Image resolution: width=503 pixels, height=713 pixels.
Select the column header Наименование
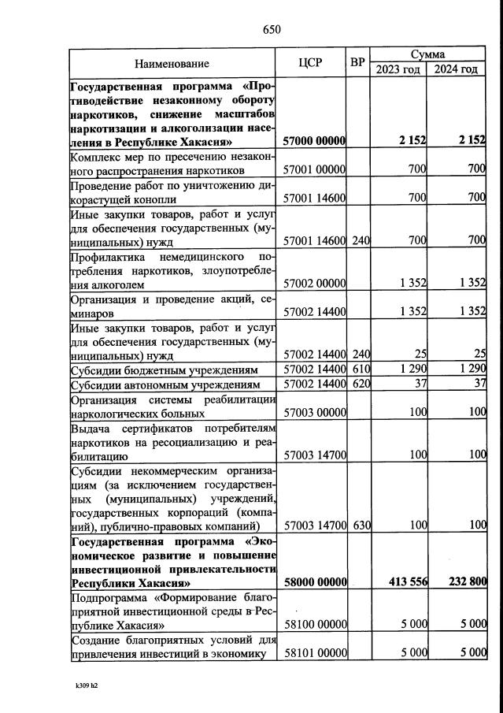pyautogui.click(x=172, y=63)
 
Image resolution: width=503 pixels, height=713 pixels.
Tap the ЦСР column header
pyautogui.click(x=312, y=63)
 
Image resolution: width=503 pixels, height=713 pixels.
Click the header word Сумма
pyautogui.click(x=428, y=54)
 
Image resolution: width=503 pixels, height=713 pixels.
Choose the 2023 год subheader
pyautogui.click(x=398, y=69)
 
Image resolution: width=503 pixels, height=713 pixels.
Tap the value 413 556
pyautogui.click(x=408, y=582)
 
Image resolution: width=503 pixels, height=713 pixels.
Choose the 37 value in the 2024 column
pyautogui.click(x=475, y=384)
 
